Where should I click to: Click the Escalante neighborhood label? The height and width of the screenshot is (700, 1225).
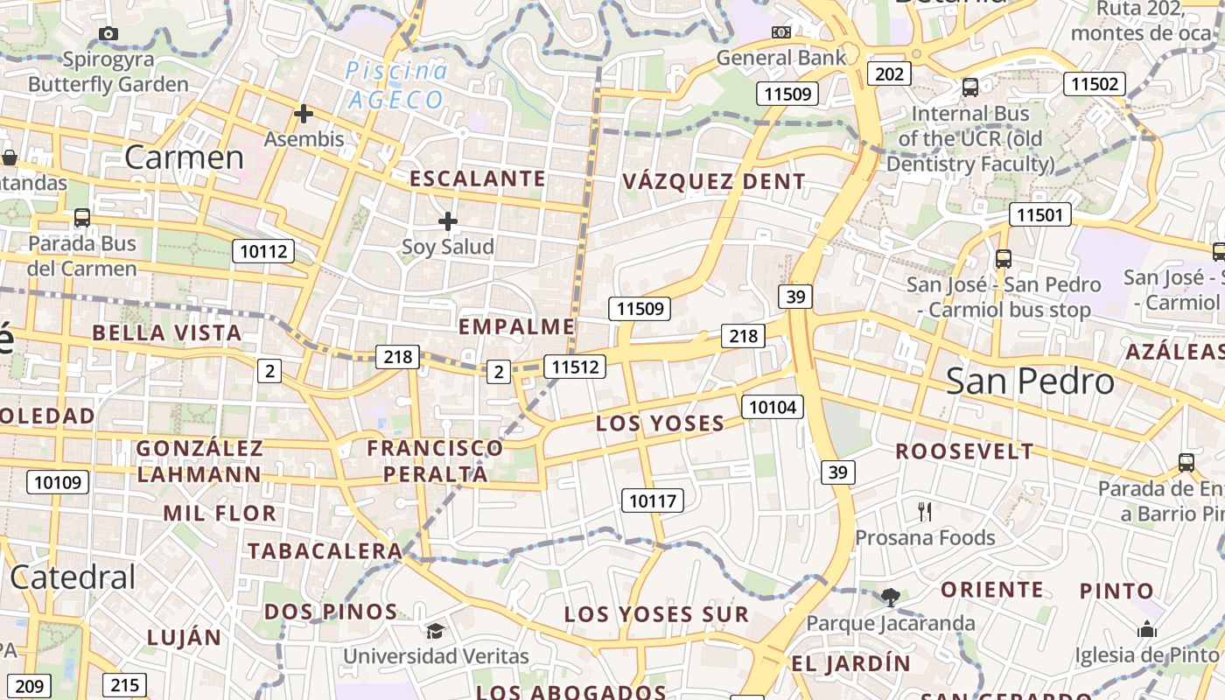point(478,179)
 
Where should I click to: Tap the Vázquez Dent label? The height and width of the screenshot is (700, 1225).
point(713,182)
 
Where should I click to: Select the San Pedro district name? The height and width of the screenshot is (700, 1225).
point(1030,381)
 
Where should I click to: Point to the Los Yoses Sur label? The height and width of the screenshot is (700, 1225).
point(656,614)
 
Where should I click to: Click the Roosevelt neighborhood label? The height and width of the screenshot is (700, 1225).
point(964,451)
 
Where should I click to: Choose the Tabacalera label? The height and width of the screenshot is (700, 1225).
point(324,551)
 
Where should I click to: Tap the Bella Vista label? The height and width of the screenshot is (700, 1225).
point(166,333)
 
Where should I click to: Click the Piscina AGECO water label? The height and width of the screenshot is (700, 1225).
point(397,85)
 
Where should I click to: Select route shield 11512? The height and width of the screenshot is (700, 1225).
point(574,367)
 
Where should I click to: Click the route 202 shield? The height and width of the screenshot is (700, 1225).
point(889,73)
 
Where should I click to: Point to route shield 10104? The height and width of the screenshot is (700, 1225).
point(773,406)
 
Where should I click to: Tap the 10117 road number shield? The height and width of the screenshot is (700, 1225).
point(652,500)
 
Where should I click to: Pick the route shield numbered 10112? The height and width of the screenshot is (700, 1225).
point(263,252)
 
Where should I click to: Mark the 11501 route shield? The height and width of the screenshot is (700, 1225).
point(1039,214)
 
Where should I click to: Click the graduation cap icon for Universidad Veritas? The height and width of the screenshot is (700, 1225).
point(435,631)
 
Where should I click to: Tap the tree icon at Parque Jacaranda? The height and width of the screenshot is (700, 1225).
point(891,598)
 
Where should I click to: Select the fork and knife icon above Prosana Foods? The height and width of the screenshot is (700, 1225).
point(925,512)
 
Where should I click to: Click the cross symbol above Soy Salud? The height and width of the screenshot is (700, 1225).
point(448,220)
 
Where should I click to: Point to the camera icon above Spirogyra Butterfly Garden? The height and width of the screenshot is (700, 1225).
point(108,34)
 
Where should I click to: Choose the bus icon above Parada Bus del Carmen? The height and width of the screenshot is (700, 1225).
point(82,217)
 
